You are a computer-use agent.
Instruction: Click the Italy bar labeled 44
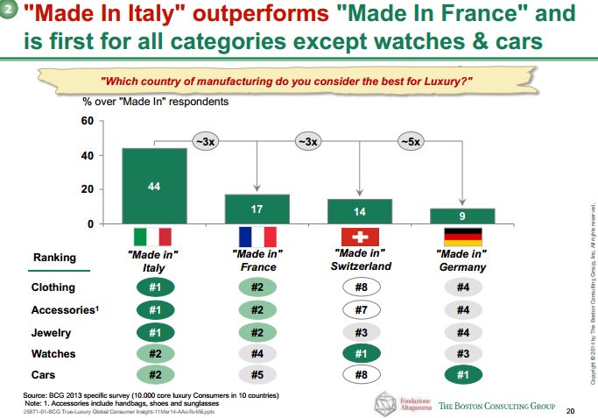[153, 186]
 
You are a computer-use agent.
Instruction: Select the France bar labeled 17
[257, 209]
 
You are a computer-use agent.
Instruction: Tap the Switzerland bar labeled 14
[360, 211]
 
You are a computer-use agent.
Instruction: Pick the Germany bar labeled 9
[462, 216]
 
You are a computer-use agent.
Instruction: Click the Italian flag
[153, 237]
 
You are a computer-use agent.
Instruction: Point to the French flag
[257, 237]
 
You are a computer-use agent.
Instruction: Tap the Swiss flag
[360, 237]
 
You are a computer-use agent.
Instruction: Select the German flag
[462, 237]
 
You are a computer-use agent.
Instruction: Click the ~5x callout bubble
[410, 140]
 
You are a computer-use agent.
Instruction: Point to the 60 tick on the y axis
[87, 121]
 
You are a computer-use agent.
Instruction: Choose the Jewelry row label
[52, 333]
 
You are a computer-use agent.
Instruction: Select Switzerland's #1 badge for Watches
[360, 354]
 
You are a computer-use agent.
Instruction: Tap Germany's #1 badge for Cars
[462, 376]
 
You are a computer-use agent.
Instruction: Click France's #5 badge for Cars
[257, 376]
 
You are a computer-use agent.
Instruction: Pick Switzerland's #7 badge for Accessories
[360, 310]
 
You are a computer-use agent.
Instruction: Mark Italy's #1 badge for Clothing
[153, 287]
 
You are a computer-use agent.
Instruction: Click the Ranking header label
[54, 258]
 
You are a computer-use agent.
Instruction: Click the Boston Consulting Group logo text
[496, 406]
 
